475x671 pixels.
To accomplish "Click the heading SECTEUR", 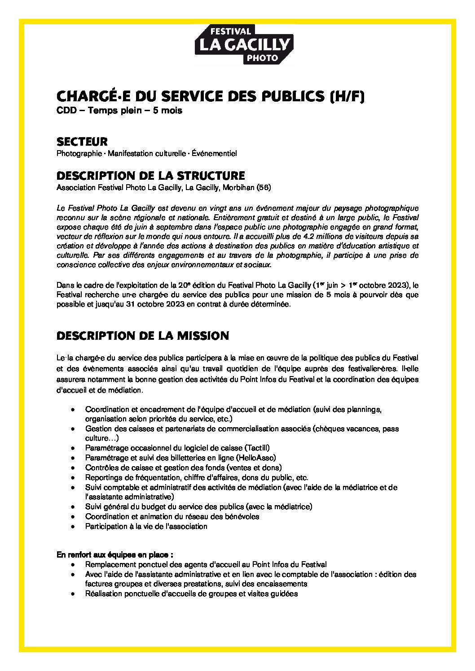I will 82,142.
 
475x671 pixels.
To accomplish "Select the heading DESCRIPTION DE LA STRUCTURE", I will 150,175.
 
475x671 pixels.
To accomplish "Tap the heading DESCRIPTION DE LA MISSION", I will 143,336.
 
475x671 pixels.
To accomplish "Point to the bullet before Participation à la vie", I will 73,527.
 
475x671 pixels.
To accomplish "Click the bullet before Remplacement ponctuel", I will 73,565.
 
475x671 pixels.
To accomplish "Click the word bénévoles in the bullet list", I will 243,516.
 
